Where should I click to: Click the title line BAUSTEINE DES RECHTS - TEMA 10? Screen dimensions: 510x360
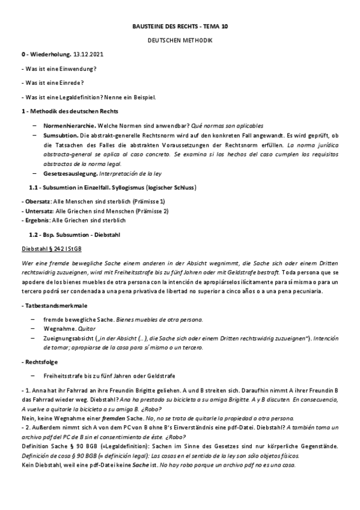(x=180, y=26)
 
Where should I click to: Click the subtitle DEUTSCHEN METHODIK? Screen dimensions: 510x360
(x=180, y=40)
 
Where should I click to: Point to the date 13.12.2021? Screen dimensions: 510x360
(x=80, y=55)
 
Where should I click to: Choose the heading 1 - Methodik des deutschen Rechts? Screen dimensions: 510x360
(x=69, y=111)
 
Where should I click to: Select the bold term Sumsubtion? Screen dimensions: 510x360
(x=59, y=136)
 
